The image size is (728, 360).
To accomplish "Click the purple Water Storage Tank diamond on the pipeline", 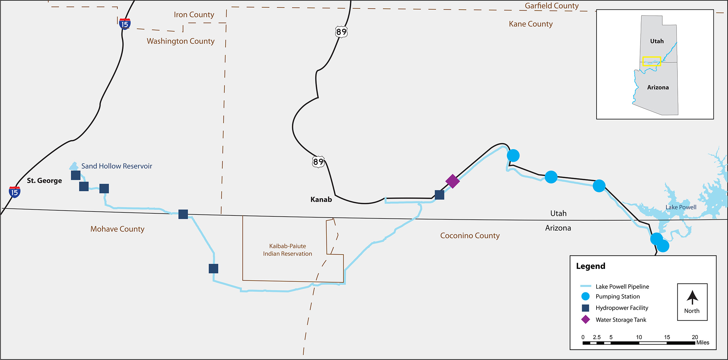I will (452, 181).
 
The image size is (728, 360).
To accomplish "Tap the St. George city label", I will (44, 181).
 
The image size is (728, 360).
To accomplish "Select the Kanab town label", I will (321, 199).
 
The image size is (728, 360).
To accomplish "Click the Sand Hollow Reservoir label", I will (117, 166).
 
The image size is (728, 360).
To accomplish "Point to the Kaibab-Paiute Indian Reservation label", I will (287, 250).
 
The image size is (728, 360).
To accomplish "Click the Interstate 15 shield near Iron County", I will (125, 24).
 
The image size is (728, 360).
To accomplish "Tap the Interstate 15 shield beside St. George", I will (15, 192).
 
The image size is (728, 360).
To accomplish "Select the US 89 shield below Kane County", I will (341, 32).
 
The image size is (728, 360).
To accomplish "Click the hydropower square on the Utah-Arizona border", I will (183, 214).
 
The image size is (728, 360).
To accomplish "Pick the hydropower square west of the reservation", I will (213, 268).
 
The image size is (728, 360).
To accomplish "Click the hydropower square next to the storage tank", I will (439, 195).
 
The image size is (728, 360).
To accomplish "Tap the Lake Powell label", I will (681, 207).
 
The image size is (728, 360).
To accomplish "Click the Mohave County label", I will (117, 229).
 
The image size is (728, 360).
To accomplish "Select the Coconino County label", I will (470, 235).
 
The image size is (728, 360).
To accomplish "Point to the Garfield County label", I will (551, 6).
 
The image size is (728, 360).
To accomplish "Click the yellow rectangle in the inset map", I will (651, 61).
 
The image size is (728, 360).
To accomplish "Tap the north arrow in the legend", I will (692, 297).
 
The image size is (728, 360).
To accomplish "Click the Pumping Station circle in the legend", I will (585, 296).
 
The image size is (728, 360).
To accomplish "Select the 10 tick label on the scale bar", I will (639, 337).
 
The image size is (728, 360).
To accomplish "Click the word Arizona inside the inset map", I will (658, 88).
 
